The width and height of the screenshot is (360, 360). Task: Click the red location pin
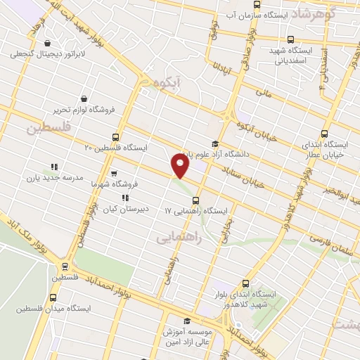(181, 166)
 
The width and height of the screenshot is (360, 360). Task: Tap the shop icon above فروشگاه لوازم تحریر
(85, 99)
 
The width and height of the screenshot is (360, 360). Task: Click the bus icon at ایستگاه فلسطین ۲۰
(117, 137)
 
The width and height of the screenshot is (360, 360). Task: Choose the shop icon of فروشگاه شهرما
(114, 172)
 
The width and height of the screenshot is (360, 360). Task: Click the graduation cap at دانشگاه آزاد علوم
(205, 143)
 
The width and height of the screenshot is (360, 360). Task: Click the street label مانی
(262, 92)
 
